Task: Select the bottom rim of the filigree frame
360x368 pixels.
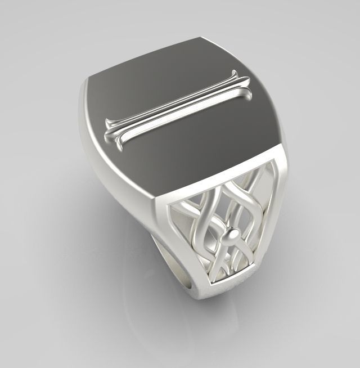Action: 222,288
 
